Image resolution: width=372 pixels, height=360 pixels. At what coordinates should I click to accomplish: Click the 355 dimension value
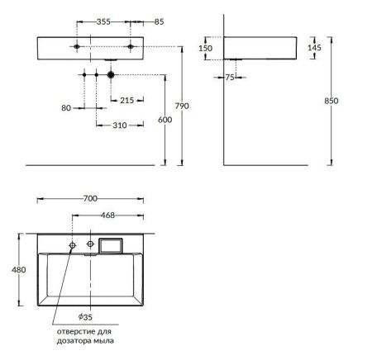[x=103, y=22]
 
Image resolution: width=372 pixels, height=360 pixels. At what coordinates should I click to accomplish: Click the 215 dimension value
[x=127, y=101]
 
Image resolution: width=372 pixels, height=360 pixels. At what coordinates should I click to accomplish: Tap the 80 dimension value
[x=67, y=107]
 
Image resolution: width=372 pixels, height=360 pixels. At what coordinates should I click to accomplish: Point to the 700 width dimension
[x=90, y=199]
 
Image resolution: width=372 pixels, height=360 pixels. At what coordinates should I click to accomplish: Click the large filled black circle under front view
[x=110, y=75]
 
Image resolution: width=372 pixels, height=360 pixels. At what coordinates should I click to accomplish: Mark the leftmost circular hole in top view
[x=73, y=246]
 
